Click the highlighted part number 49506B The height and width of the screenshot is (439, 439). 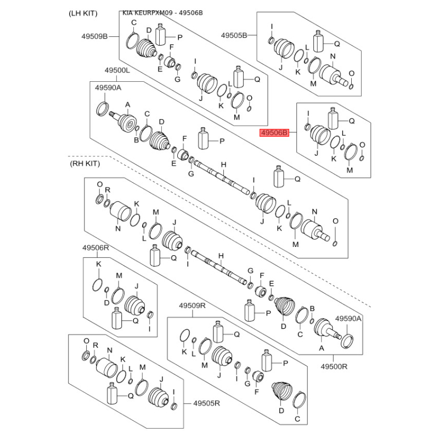pos(274,133)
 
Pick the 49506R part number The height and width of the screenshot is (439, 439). pos(96,248)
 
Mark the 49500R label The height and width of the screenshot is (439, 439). pos(334,365)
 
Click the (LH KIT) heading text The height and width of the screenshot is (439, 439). pos(82,13)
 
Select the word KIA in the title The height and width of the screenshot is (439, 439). pos(127,13)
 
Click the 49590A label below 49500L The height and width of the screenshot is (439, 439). pos(108,88)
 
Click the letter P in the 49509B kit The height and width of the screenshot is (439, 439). pos(179,37)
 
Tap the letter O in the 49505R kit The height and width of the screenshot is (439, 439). pos(86,341)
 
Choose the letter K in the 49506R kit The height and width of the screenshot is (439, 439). pos(99,265)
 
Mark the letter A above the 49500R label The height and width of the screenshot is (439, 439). pos(322,348)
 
